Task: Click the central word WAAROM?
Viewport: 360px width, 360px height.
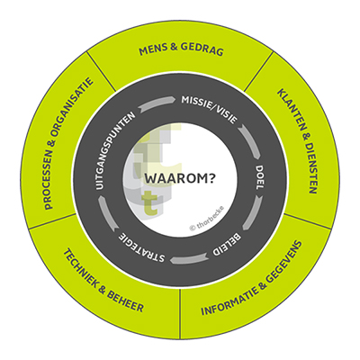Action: point(180,178)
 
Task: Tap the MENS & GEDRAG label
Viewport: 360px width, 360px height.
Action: point(181,49)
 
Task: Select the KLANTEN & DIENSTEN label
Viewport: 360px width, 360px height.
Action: point(296,141)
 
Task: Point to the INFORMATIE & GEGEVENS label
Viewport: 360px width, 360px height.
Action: point(251,278)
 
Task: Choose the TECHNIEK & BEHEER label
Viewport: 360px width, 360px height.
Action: point(103,281)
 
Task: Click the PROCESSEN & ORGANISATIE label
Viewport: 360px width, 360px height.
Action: point(68,143)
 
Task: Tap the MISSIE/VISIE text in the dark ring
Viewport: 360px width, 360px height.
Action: point(209,110)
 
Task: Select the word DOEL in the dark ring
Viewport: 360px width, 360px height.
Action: point(259,177)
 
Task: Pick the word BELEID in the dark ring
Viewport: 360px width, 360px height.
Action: point(227,245)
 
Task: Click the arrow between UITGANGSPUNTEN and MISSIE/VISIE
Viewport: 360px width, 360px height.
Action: point(157,103)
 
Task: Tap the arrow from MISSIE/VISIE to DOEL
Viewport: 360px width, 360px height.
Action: point(250,141)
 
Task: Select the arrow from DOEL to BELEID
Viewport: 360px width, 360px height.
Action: point(253,212)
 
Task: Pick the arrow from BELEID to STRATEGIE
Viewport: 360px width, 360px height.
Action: point(189,257)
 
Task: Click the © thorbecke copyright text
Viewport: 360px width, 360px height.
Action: point(206,219)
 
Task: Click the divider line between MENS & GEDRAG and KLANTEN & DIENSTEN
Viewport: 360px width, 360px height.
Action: point(258,71)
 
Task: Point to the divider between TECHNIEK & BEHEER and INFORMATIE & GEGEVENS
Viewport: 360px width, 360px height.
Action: point(180,314)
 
